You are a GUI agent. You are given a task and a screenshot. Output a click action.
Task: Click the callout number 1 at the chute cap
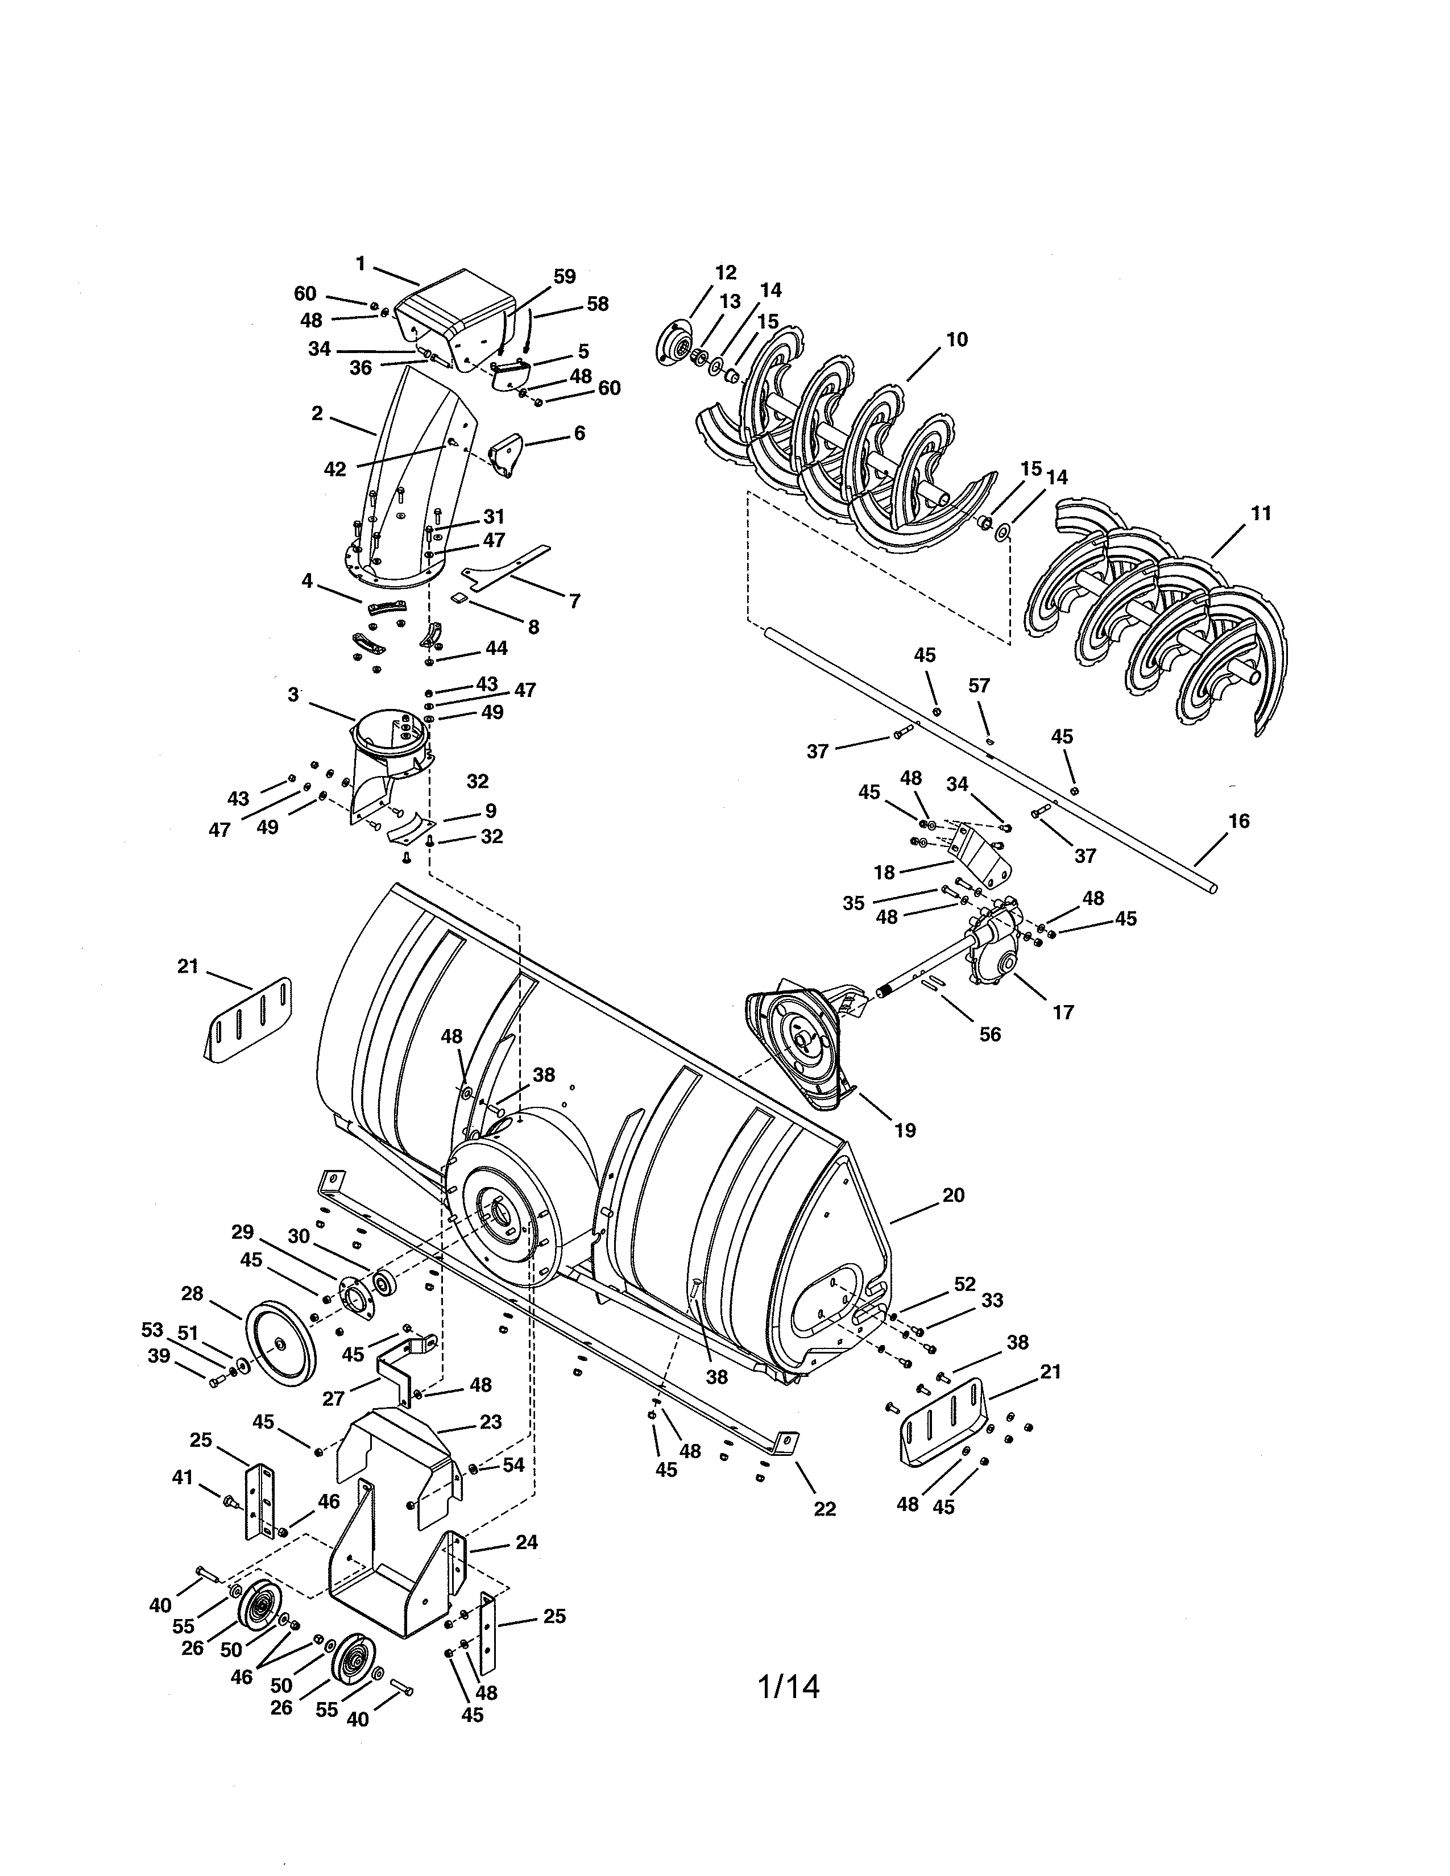tap(361, 264)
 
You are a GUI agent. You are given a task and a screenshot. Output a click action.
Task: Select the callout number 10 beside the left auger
tap(956, 339)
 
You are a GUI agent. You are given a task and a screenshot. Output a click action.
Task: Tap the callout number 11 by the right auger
tap(1260, 514)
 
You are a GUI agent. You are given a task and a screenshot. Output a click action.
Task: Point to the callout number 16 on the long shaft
tap(1238, 821)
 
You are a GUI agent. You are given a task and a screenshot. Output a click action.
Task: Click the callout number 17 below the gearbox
tap(1063, 1012)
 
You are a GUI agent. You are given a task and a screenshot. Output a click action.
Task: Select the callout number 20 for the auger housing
tap(954, 1195)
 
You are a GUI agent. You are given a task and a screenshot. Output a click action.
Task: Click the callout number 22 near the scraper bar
tap(824, 1509)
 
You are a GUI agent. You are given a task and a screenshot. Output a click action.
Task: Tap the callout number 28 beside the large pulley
tap(192, 1294)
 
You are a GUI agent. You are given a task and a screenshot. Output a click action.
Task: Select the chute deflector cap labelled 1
tap(455, 314)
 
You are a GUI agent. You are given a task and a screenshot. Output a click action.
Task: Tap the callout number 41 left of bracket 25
tap(181, 1477)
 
